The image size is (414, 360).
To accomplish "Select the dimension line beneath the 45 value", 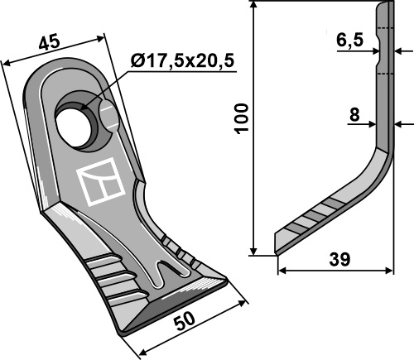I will coord(56,50).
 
